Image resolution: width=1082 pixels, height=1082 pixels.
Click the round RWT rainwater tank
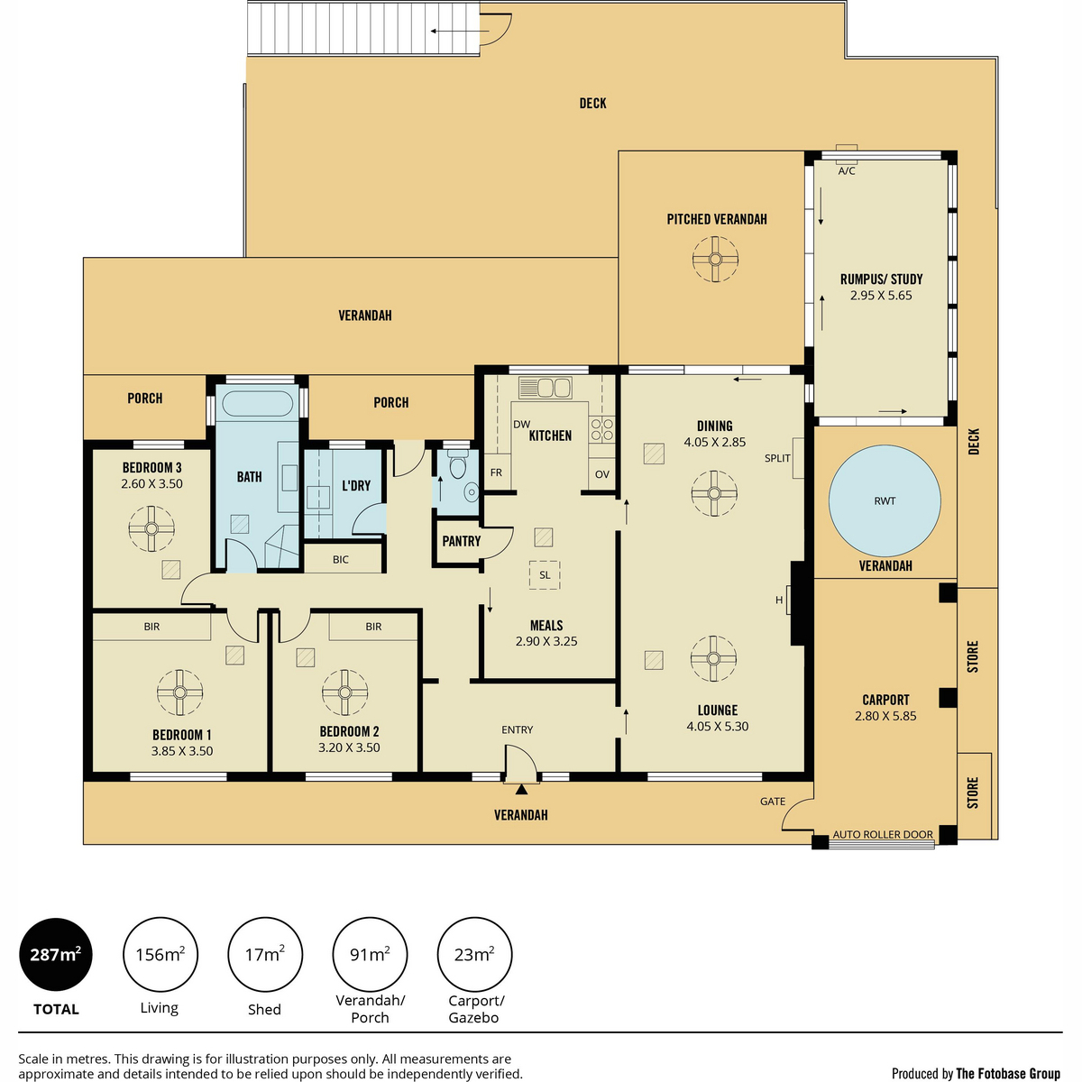tap(885, 500)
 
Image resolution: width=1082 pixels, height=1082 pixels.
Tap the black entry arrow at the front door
tap(522, 790)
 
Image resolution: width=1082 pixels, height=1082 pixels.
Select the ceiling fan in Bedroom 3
tap(151, 528)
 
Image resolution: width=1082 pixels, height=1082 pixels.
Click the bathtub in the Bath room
tap(258, 403)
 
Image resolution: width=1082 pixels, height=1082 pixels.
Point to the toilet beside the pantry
tap(458, 467)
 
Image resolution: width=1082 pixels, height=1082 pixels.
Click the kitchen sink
tap(545, 388)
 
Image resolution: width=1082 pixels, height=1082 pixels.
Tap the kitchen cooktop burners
tap(601, 429)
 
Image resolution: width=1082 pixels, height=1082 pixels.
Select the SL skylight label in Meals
tap(545, 575)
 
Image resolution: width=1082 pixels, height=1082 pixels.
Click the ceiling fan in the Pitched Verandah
tap(715, 260)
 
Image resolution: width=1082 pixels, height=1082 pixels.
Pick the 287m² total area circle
tap(56, 954)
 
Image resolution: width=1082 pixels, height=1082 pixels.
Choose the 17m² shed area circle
tap(264, 954)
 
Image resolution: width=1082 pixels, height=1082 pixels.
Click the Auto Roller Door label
tap(883, 834)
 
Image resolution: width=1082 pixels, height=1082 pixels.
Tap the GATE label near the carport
tap(773, 802)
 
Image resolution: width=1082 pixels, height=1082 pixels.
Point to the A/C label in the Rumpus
tap(847, 170)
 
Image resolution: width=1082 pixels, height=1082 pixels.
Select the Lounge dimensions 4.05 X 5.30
tap(717, 726)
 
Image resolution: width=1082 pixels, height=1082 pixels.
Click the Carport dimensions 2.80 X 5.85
tap(885, 716)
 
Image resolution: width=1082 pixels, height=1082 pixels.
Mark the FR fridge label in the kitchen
tap(496, 472)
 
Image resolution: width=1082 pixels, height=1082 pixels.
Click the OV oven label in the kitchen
tap(602, 474)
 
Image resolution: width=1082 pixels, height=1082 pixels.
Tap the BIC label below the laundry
tap(340, 559)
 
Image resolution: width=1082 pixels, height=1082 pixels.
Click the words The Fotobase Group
tap(1008, 1073)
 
